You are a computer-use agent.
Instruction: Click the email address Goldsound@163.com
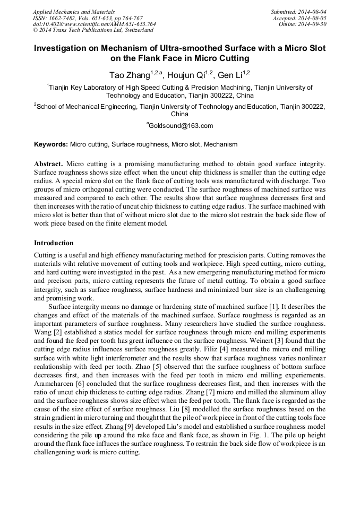[x=181, y=126]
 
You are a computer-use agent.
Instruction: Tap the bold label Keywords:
[x=51, y=144]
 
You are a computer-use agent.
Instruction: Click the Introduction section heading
[x=54, y=243]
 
